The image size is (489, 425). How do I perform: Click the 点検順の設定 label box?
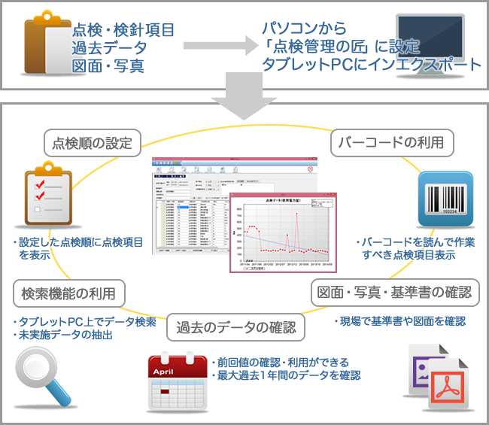point(93,142)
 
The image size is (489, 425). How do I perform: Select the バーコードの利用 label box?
point(392,142)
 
